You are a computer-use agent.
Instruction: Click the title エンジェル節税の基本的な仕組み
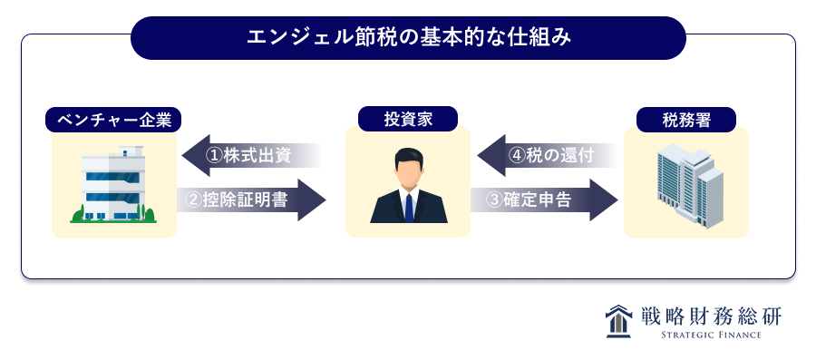tap(409, 38)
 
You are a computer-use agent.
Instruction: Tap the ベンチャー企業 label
tap(113, 120)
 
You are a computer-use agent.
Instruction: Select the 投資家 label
tap(408, 119)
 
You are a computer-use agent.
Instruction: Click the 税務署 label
tap(686, 120)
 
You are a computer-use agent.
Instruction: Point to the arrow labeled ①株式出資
tap(252, 156)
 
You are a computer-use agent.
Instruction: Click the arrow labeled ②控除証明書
tap(251, 199)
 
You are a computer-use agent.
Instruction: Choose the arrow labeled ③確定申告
tap(544, 199)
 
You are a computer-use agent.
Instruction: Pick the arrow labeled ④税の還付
tap(548, 156)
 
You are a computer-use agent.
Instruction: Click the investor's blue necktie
tap(409, 207)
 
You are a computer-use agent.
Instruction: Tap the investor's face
tap(408, 172)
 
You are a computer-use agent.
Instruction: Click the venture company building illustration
tap(114, 185)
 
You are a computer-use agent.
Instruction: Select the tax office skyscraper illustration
tap(690, 185)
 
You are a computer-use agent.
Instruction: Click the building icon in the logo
tap(617, 322)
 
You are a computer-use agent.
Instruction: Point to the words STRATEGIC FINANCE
tap(711, 335)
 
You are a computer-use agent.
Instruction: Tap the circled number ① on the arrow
tap(214, 156)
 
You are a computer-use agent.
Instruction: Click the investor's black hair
tap(408, 157)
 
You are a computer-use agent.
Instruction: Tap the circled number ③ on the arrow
tap(494, 200)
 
